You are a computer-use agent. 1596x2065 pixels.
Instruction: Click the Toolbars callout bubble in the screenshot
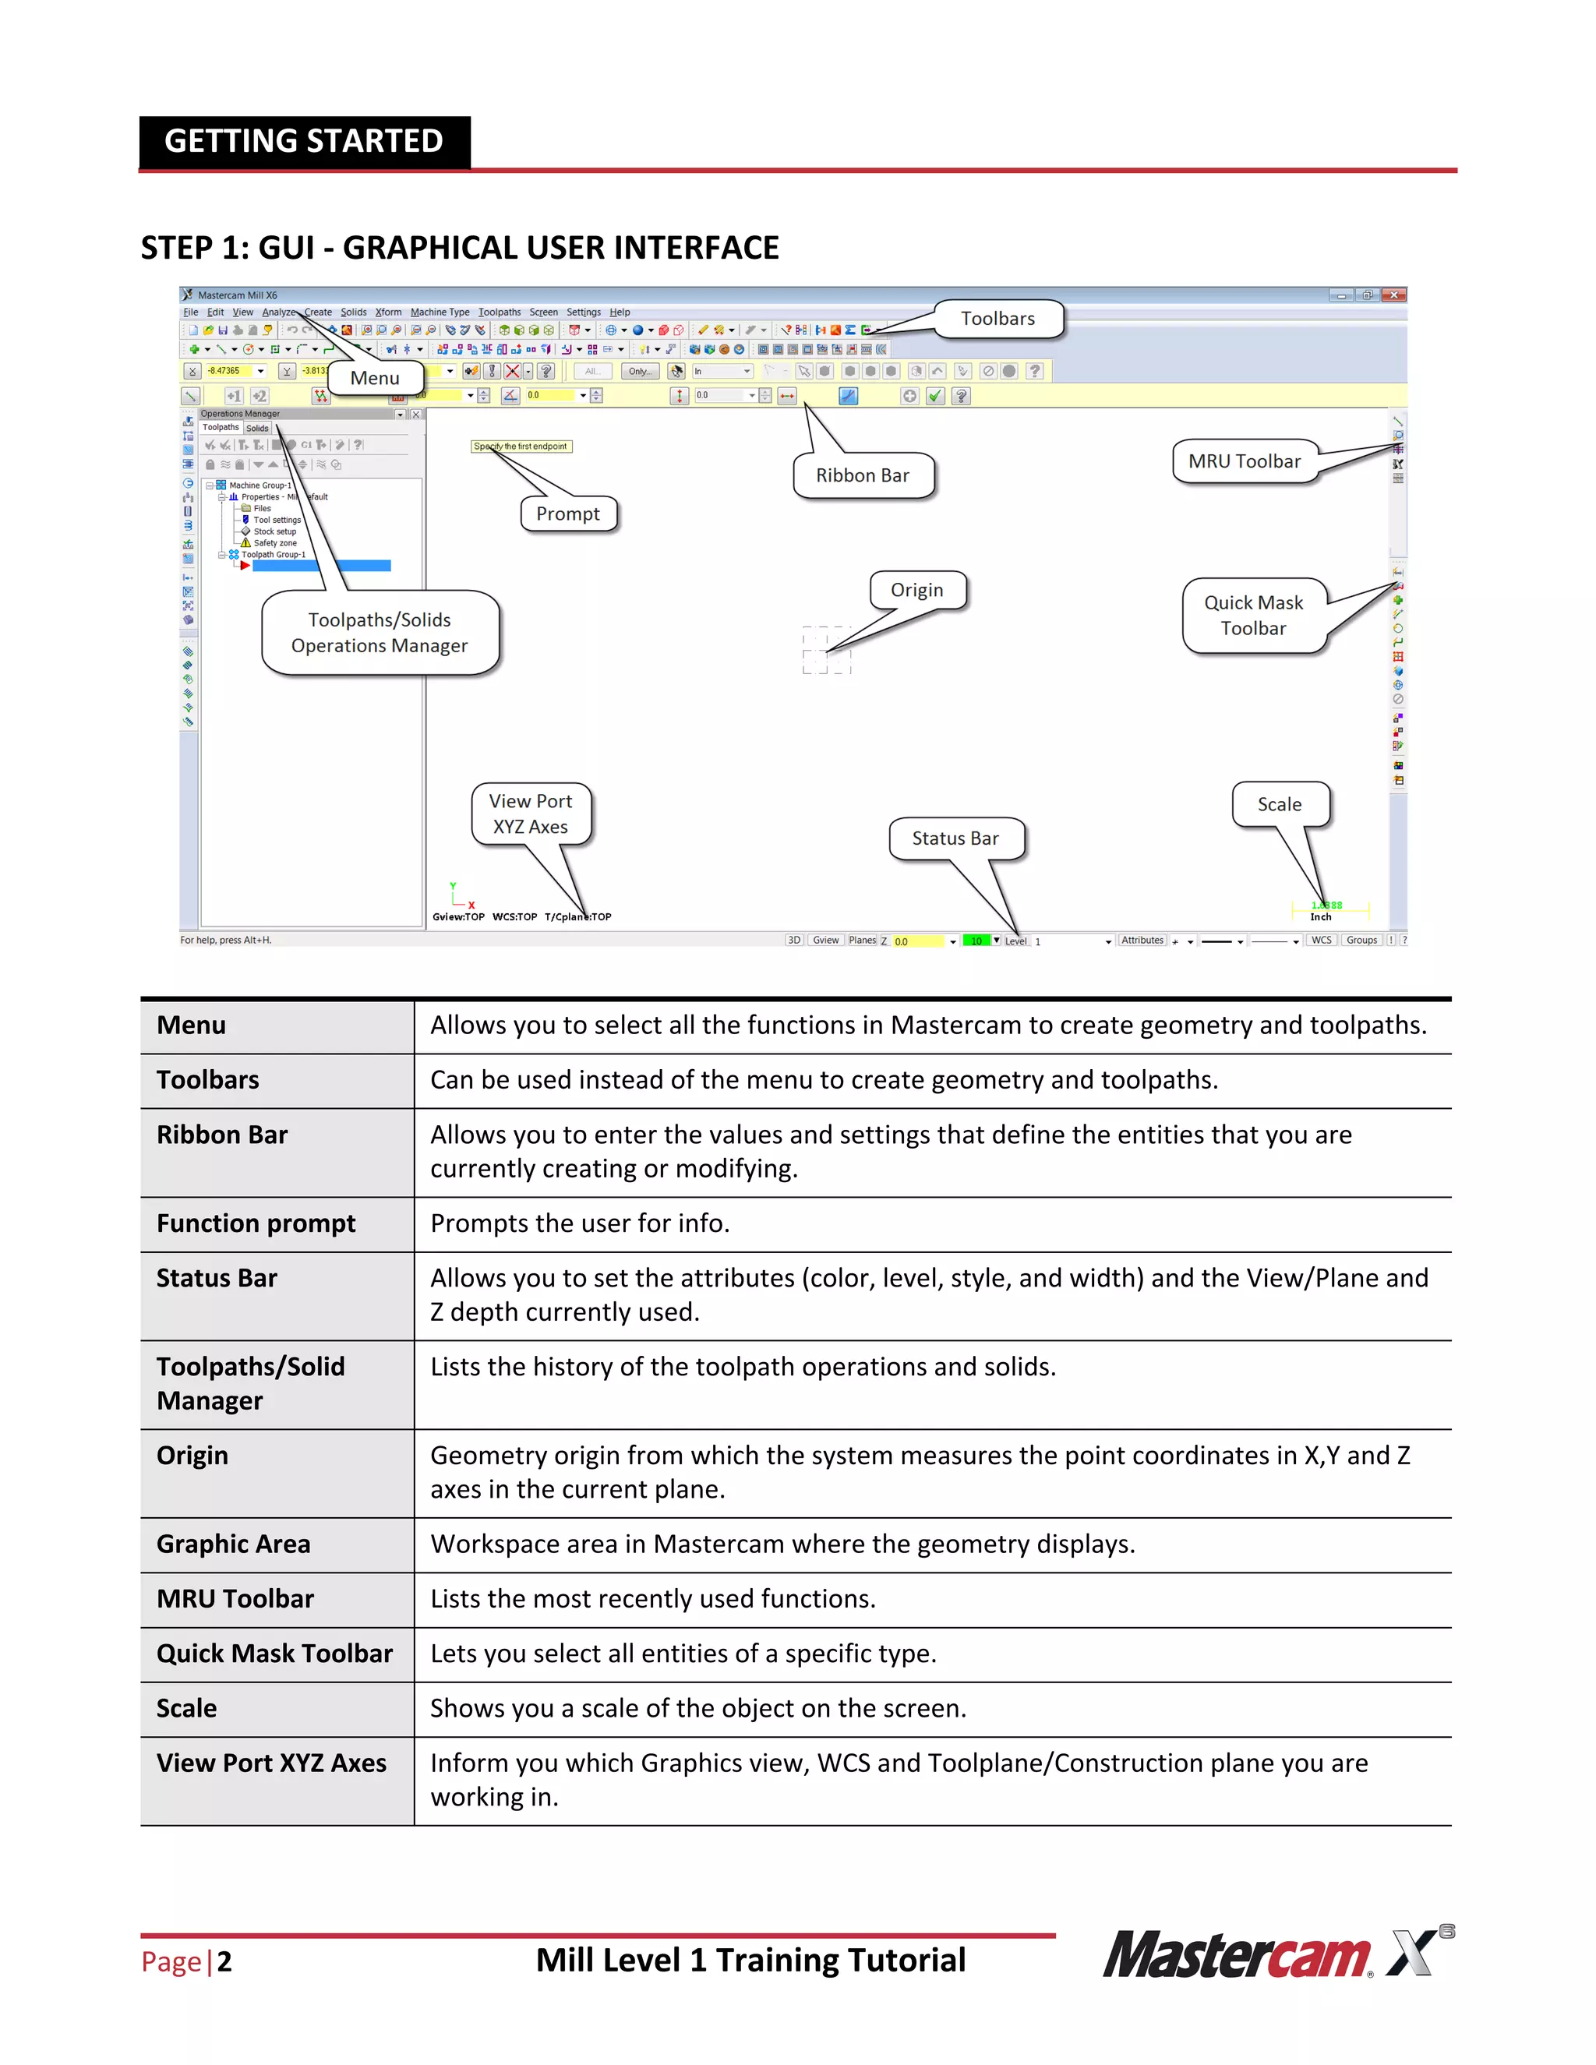coord(997,319)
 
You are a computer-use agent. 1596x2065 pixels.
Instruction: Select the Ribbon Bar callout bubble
coord(863,475)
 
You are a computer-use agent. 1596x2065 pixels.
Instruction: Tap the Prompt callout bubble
coord(567,514)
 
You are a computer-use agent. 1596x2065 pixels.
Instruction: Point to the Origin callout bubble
coord(916,590)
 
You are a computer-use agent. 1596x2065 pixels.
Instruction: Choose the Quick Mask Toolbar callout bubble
coord(1253,616)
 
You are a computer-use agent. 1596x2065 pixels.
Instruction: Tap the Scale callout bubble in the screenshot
coord(1280,805)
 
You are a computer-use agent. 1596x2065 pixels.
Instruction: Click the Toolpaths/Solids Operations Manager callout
coord(380,633)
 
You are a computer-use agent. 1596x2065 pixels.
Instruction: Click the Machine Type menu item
coord(440,312)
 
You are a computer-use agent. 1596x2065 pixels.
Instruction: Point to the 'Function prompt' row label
coord(256,1223)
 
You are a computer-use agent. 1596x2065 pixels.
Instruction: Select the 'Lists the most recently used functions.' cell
coord(652,1599)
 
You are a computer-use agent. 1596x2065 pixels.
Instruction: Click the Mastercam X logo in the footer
coord(1276,1954)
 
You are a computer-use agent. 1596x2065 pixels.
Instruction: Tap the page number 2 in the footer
coord(224,1962)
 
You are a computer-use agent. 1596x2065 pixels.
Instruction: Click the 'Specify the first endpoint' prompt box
coord(521,447)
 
